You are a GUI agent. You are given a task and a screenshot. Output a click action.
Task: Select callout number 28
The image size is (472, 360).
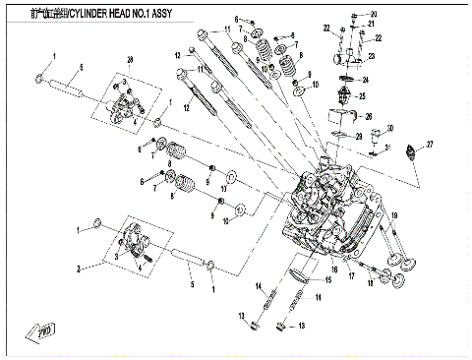pyautogui.click(x=129, y=61)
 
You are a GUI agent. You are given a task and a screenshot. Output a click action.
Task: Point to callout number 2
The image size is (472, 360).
pyautogui.click(x=78, y=268)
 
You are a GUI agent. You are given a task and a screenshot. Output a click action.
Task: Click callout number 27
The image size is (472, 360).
pyautogui.click(x=430, y=144)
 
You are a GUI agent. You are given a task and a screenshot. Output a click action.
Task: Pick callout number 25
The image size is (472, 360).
pyautogui.click(x=362, y=96)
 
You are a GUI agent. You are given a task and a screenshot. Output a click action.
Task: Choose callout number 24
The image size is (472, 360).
pyautogui.click(x=365, y=80)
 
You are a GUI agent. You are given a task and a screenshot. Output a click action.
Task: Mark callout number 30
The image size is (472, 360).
pyautogui.click(x=390, y=129)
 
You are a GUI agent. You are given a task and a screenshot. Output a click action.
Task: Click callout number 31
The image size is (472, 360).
pyautogui.click(x=387, y=148)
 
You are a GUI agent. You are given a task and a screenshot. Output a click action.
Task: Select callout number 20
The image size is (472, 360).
pyautogui.click(x=372, y=13)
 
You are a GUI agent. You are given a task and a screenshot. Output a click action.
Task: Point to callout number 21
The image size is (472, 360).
pyautogui.click(x=372, y=24)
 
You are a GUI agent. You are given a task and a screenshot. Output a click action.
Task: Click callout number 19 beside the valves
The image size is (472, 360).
pyautogui.click(x=394, y=215)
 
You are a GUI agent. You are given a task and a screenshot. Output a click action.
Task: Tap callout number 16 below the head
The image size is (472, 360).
pyautogui.click(x=334, y=268)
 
